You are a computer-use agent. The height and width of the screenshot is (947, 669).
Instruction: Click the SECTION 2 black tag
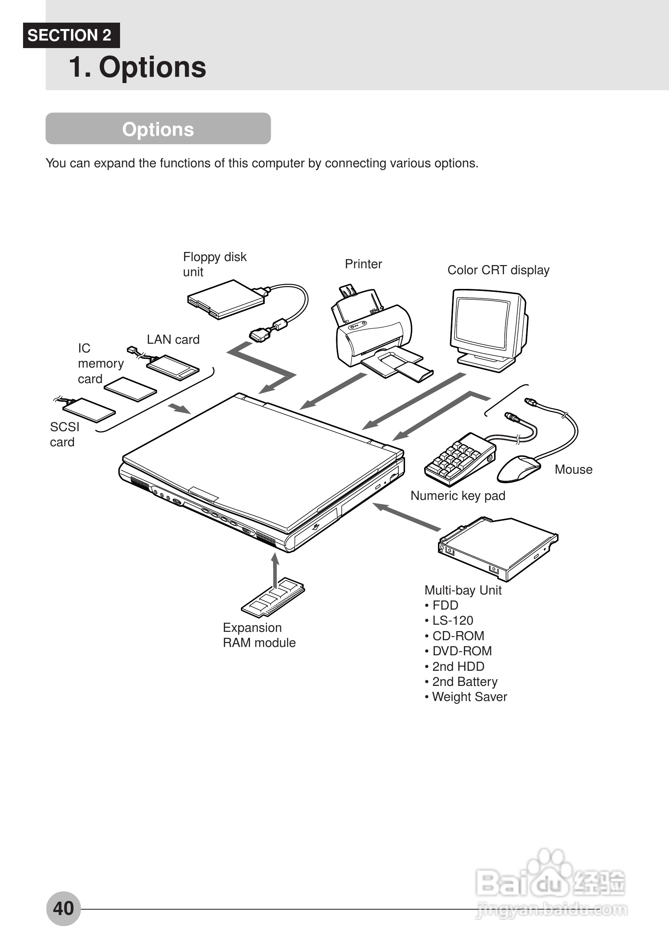71,35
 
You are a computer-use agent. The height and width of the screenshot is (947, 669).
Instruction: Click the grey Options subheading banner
158,129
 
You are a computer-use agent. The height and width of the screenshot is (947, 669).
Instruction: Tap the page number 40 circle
63,908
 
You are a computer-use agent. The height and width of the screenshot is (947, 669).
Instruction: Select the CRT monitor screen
482,323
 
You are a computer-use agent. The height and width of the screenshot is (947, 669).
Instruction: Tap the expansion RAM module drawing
273,598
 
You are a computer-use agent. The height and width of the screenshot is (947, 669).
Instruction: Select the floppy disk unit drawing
226,300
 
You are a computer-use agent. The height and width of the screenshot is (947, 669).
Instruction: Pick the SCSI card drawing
89,410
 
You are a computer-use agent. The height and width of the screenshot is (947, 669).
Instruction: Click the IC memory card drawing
130,389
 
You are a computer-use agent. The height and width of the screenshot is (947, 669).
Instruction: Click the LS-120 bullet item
452,620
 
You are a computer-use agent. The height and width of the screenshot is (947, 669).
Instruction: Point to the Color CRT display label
498,270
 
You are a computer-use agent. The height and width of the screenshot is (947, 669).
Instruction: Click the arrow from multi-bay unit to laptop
406,517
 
